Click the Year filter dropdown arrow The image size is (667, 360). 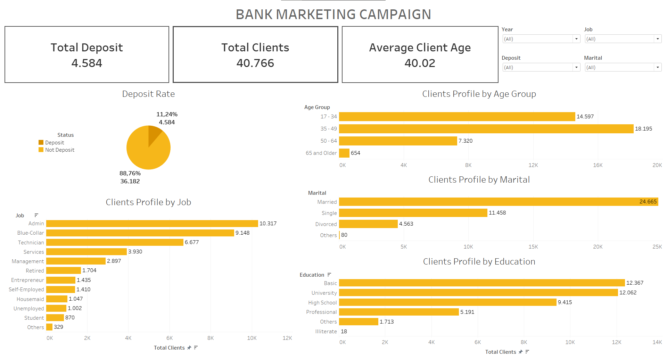pos(576,39)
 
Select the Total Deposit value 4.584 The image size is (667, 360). pos(87,63)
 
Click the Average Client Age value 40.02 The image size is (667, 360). pos(420,63)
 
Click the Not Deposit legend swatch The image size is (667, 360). pos(41,150)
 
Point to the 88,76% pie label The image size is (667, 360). pos(130,173)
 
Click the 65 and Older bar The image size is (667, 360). pos(344,153)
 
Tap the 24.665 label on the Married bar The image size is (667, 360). pos(648,202)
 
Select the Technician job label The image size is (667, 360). pos(31,243)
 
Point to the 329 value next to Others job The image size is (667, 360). pos(58,327)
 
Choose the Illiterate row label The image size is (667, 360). pos(326,332)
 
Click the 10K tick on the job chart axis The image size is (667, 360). pos(252,338)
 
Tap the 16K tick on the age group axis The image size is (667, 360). pos(598,165)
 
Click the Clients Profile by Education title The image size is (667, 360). pos(479,261)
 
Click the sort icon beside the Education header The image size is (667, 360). pos(329,275)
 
